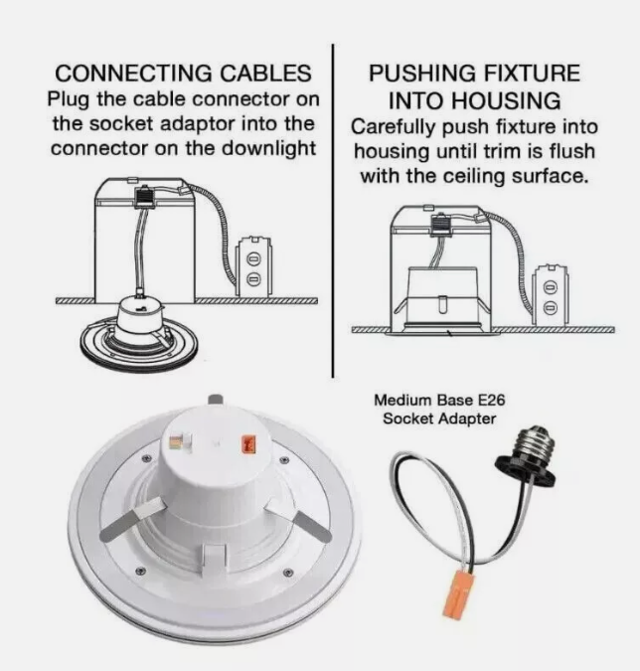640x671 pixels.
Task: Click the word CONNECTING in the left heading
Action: click(x=133, y=74)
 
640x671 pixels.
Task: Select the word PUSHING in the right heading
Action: click(x=421, y=74)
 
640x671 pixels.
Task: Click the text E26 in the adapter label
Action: click(x=491, y=401)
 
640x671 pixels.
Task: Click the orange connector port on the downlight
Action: click(x=249, y=444)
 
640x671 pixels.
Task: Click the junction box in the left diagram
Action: click(x=254, y=266)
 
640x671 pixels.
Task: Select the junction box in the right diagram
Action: click(x=551, y=295)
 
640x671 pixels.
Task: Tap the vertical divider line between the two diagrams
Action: click(x=333, y=210)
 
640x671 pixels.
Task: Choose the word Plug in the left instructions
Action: click(x=69, y=99)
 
